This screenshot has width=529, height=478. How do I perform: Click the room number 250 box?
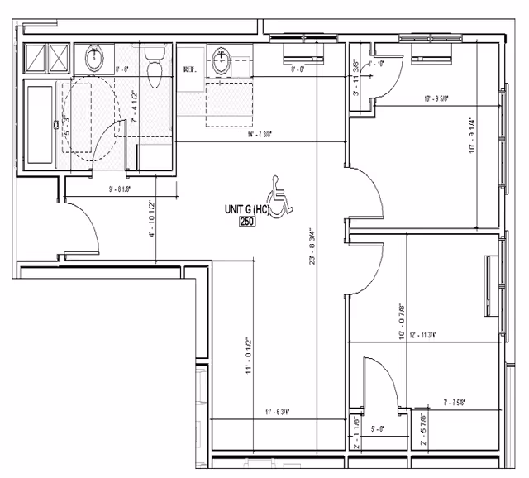click(246, 222)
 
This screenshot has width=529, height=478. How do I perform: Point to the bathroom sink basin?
click(94, 59)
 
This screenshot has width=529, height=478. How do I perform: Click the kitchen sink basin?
click(222, 60)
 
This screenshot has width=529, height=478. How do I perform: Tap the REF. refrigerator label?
click(188, 69)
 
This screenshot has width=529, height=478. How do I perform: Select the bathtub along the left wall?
click(40, 125)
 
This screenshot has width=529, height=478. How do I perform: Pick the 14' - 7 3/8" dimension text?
click(252, 135)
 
